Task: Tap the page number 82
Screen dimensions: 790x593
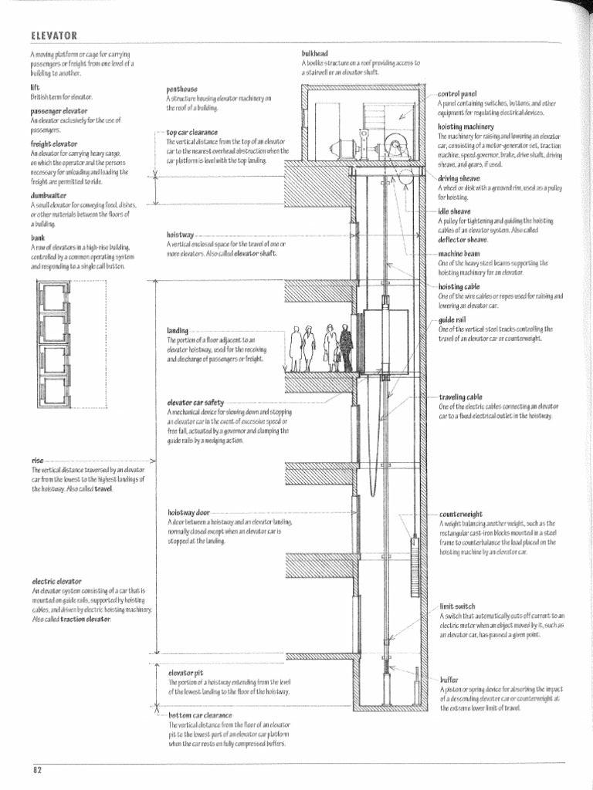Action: pos(37,769)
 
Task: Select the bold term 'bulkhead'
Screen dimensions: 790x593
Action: pos(315,53)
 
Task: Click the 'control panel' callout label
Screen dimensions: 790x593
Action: pos(458,93)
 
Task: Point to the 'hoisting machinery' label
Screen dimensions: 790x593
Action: pos(466,127)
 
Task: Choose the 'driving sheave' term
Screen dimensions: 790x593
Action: pos(459,177)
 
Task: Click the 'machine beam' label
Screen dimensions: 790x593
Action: pos(459,253)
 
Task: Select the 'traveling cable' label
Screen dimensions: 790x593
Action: pos(461,397)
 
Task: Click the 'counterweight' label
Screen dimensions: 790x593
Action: pos(461,514)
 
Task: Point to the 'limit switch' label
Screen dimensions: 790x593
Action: pos(457,606)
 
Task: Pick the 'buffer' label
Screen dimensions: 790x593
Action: pos(449,680)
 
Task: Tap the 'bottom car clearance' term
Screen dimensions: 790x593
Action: pos(201,715)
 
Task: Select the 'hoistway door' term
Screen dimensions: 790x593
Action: pos(188,512)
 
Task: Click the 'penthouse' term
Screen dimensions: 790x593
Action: pos(181,89)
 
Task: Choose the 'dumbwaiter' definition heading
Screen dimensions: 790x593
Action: pos(49,197)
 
